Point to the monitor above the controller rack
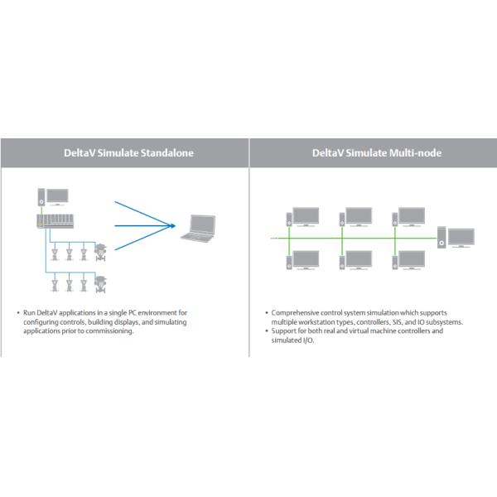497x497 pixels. point(57,197)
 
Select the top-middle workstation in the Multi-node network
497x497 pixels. point(355,216)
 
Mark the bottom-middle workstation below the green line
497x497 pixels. point(355,259)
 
